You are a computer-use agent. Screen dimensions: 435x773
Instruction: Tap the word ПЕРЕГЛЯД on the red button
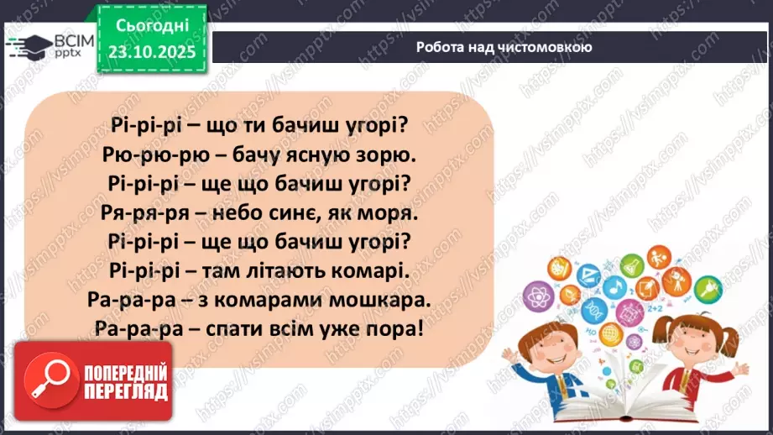(125, 390)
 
